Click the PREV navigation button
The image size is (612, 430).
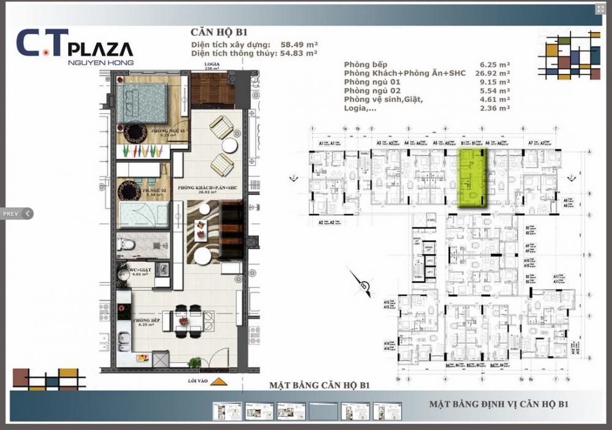coord(16,213)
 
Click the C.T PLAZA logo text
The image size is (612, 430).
coord(74,46)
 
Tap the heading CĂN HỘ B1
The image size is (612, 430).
coord(218,33)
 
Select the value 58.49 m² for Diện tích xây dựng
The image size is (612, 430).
coord(298,45)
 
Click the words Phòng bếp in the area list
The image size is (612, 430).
coord(365,64)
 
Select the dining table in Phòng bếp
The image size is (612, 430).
coord(182,320)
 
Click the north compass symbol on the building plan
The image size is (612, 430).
coord(364,283)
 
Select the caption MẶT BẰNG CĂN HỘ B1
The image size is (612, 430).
coord(319,385)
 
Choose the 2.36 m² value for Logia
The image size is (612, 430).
coord(495,108)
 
